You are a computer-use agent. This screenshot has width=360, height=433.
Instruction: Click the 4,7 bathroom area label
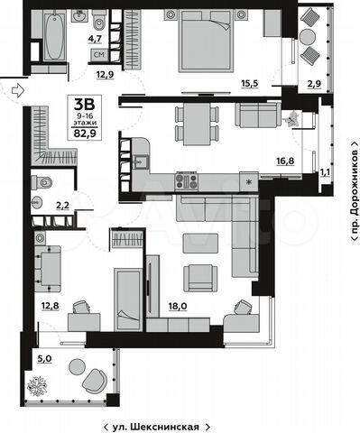pyautogui.click(x=95, y=39)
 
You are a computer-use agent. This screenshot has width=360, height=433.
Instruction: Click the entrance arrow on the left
pyautogui.click(x=15, y=88)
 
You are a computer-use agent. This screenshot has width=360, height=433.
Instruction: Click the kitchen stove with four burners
pyautogui.click(x=187, y=180)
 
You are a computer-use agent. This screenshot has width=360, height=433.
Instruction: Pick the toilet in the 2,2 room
pyautogui.click(x=41, y=184)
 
